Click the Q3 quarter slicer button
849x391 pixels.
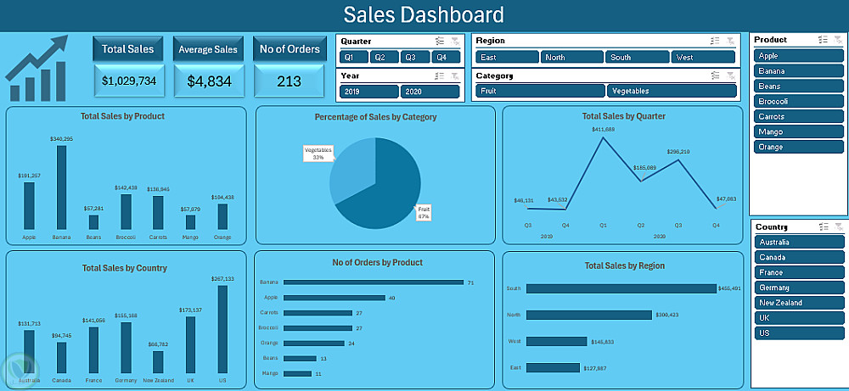click(410, 57)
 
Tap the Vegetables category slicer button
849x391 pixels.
click(671, 91)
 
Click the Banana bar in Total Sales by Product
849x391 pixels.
click(61, 187)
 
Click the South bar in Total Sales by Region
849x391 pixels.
click(621, 288)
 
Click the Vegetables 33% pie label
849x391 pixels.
click(318, 154)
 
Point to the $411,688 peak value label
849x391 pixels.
click(604, 129)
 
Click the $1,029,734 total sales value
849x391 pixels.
click(128, 81)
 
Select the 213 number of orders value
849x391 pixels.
click(290, 81)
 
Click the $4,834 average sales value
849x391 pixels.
click(208, 81)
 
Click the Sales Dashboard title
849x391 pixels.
click(424, 14)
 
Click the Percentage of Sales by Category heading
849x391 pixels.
click(375, 117)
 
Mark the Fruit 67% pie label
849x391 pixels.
click(424, 213)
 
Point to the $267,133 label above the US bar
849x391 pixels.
click(222, 279)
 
